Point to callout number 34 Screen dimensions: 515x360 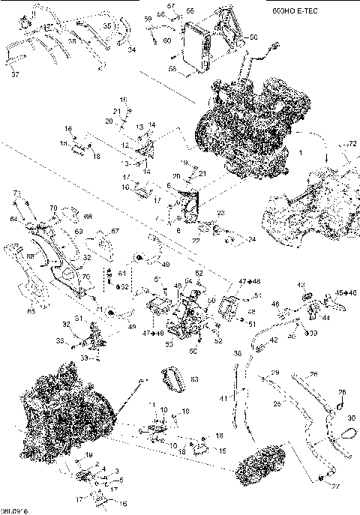click(131, 50)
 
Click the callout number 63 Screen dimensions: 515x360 click(194, 380)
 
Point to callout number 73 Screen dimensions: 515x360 click(15, 193)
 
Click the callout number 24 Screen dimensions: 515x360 click(251, 240)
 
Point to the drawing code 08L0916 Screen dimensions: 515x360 click(15, 510)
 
